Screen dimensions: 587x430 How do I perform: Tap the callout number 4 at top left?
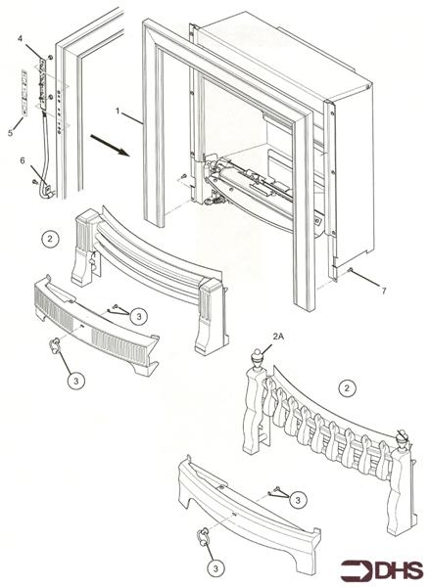20,37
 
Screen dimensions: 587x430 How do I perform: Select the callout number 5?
11,130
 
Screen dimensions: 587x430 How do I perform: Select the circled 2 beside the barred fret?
49,238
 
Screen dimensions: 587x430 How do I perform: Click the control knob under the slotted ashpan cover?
58,343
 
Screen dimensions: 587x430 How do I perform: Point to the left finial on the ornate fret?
257,358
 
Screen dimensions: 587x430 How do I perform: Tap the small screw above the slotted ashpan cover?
117,310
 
